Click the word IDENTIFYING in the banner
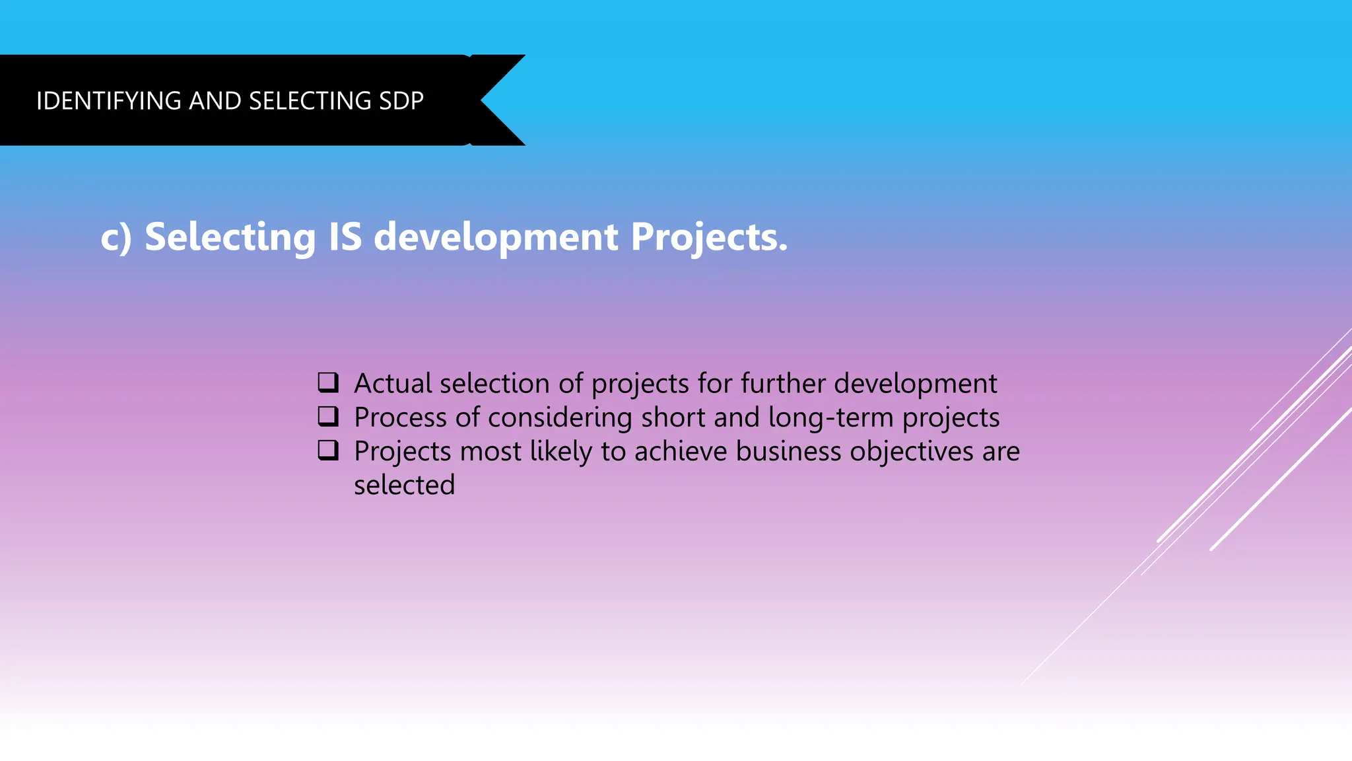[109, 101]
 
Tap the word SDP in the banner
[401, 101]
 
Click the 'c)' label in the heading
[116, 237]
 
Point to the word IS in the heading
[345, 237]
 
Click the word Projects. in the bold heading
[708, 237]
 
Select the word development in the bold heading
[496, 237]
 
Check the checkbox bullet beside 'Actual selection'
[328, 382]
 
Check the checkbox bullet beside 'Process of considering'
[328, 416]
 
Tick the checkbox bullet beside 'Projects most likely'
[328, 450]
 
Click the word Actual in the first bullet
[393, 384]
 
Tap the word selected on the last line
[404, 486]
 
